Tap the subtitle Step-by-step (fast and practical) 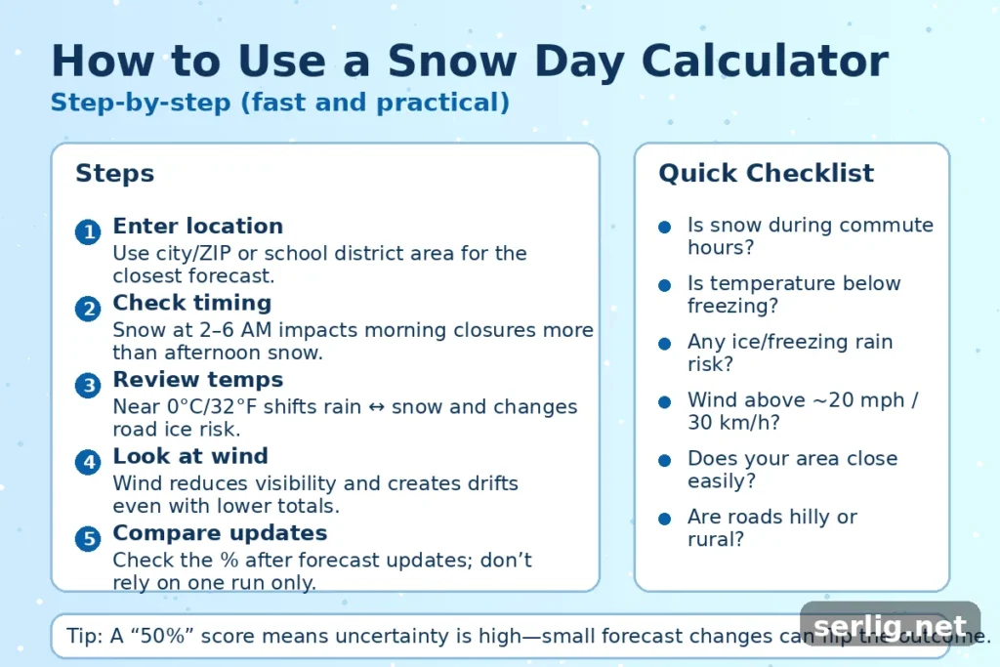(279, 103)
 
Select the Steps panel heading (114, 174)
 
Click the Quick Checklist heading (766, 174)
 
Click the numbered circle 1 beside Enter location (88, 232)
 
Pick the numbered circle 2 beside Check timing (88, 310)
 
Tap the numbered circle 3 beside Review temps (88, 386)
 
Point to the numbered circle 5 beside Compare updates (88, 539)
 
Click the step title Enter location (197, 227)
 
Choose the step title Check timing (191, 303)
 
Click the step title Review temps (197, 379)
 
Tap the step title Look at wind (189, 456)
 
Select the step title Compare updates (220, 533)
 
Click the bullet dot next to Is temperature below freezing (664, 285)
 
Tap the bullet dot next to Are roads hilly (664, 519)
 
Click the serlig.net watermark (889, 627)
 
